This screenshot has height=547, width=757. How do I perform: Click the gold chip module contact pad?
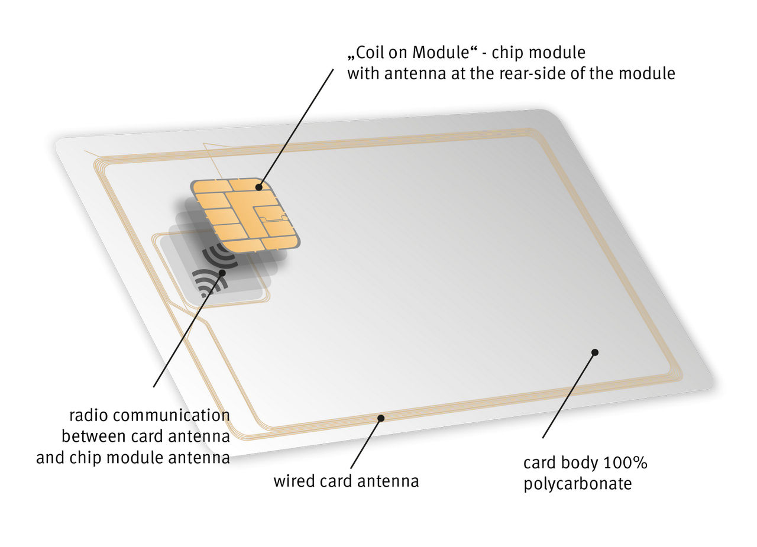coord(245,216)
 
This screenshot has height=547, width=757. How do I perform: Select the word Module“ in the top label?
coord(445,53)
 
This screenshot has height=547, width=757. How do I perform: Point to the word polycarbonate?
coord(578,484)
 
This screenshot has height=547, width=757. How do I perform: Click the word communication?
coord(172,415)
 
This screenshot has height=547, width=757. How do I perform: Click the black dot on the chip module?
coord(259,187)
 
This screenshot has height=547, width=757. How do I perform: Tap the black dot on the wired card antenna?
coord(381,418)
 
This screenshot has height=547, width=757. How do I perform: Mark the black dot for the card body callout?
coord(595,352)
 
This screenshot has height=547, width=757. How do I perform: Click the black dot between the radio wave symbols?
coord(222,273)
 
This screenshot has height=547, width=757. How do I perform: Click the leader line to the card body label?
coord(569,395)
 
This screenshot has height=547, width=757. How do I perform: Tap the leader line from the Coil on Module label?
coord(296,128)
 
